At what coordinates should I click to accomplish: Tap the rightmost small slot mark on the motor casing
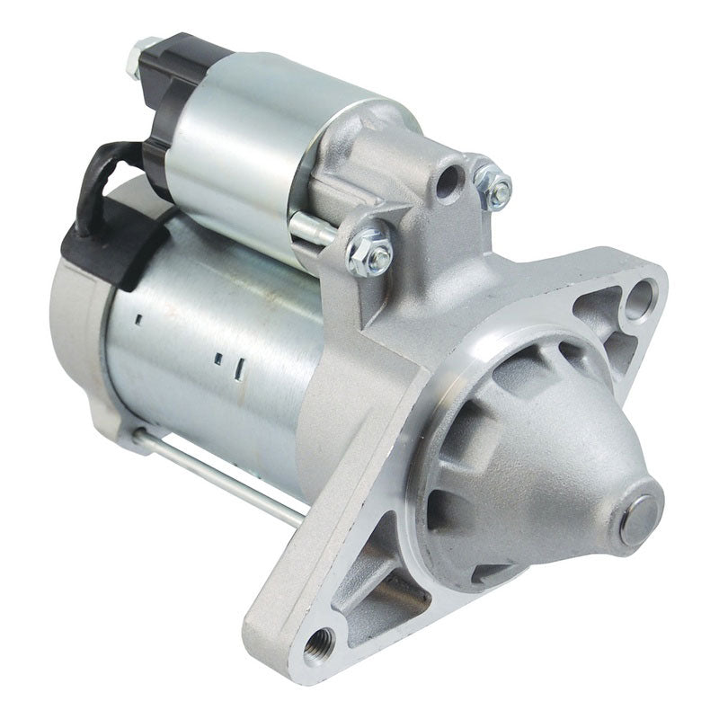coord(239,367)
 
